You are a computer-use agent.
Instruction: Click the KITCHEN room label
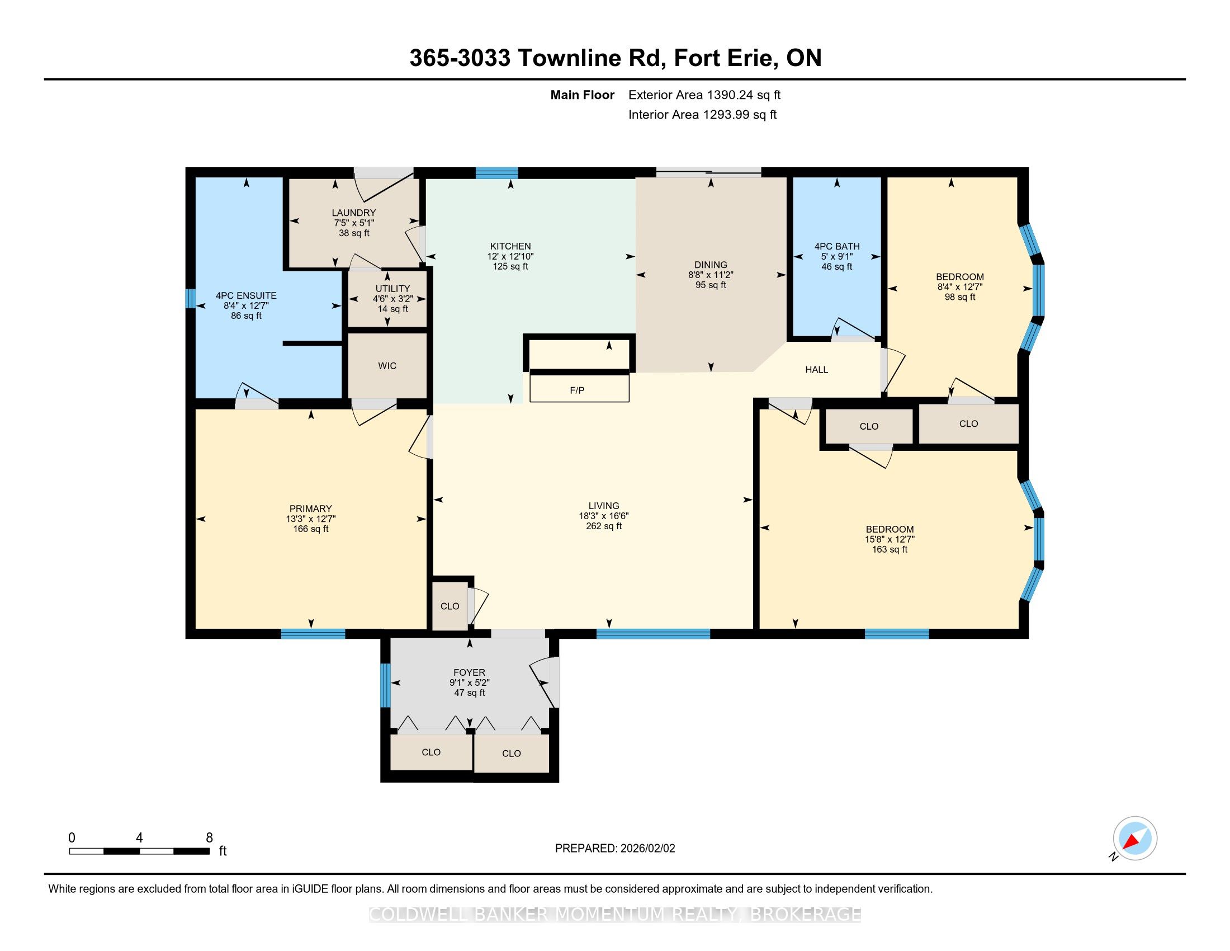click(x=510, y=246)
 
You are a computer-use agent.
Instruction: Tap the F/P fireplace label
click(x=578, y=390)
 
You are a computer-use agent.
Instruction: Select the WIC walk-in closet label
click(x=387, y=366)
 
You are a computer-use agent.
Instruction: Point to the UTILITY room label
click(x=392, y=289)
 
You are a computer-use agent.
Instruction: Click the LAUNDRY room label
click(x=354, y=213)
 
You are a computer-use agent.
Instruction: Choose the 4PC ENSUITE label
click(x=246, y=295)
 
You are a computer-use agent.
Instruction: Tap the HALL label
click(x=816, y=370)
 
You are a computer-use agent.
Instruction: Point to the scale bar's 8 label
click(x=209, y=838)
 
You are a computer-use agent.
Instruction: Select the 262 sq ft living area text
click(x=604, y=526)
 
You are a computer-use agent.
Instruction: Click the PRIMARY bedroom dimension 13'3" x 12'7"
click(x=310, y=519)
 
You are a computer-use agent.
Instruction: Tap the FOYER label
click(x=469, y=672)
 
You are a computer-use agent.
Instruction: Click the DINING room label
click(x=711, y=265)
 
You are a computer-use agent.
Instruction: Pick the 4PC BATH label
click(x=837, y=246)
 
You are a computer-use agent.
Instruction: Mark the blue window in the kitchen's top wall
click(x=496, y=173)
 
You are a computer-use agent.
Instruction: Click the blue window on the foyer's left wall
click(x=385, y=685)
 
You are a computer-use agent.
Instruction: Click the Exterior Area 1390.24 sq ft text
click(x=704, y=95)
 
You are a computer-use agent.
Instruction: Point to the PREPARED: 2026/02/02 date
click(x=615, y=849)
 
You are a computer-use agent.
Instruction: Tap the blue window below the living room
click(x=653, y=634)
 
